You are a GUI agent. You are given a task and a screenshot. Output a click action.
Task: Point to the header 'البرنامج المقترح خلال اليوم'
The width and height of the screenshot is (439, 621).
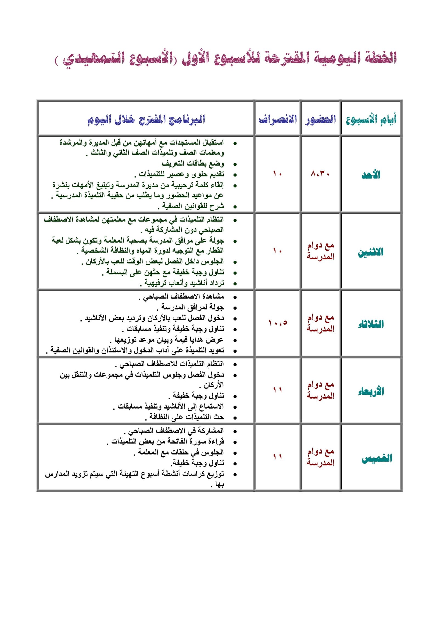[146, 119]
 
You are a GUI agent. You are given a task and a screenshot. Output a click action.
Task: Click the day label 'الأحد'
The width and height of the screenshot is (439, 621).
[371, 175]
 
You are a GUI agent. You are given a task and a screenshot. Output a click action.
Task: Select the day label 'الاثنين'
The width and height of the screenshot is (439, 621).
[371, 252]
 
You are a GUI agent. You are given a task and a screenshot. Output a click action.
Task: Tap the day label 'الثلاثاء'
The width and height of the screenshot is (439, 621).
[371, 324]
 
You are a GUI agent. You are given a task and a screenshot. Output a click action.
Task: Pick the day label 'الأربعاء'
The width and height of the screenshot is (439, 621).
[371, 391]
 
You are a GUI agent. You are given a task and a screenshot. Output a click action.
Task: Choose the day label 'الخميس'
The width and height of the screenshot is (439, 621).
[377, 458]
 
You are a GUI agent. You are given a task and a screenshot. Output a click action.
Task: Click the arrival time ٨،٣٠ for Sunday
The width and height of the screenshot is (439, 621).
[320, 174]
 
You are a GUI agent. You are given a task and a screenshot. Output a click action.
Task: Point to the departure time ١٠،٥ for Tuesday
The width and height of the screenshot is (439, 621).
[277, 323]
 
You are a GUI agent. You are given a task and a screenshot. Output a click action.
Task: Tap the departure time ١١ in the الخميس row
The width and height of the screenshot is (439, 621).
[277, 457]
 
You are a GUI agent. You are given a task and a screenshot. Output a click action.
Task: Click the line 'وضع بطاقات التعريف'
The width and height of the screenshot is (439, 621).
[193, 164]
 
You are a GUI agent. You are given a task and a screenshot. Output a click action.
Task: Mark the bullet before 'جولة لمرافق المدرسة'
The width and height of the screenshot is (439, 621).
[235, 308]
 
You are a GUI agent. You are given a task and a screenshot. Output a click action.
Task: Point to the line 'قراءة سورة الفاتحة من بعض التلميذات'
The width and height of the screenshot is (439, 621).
[165, 442]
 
